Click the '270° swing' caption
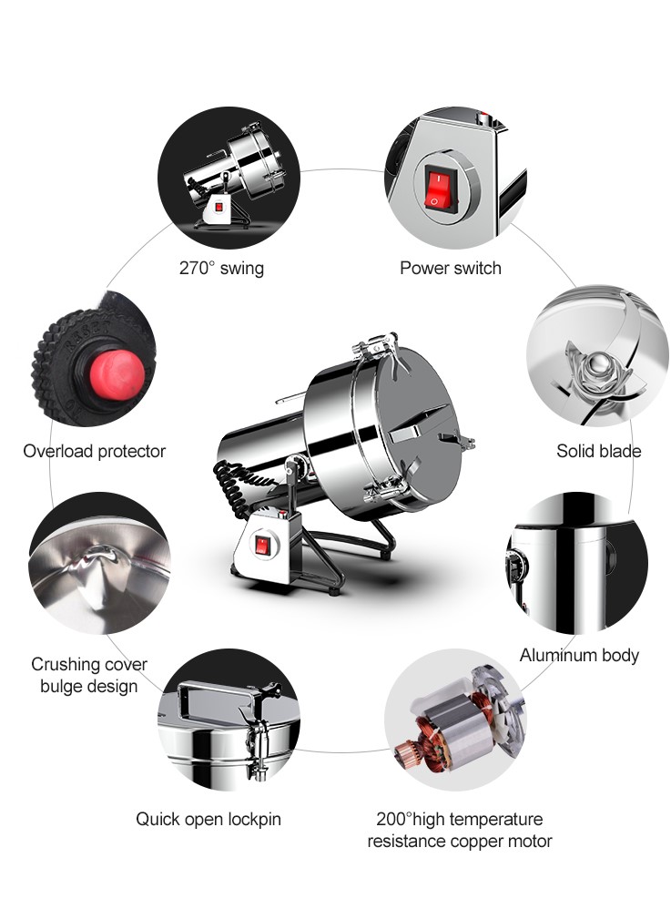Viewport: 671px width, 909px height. coord(221,269)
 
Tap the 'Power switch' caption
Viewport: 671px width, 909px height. coord(451,269)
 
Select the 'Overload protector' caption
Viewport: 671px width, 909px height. coord(95,451)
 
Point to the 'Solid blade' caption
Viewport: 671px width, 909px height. coord(598,451)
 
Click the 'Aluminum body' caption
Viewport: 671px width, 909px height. coord(579,655)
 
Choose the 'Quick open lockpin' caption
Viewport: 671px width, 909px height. coord(208,819)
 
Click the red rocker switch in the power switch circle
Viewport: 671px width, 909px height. coord(438,188)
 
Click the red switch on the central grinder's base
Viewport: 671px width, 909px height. coord(261,546)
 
